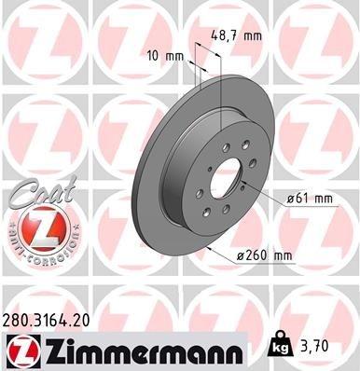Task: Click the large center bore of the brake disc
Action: click(x=226, y=182)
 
